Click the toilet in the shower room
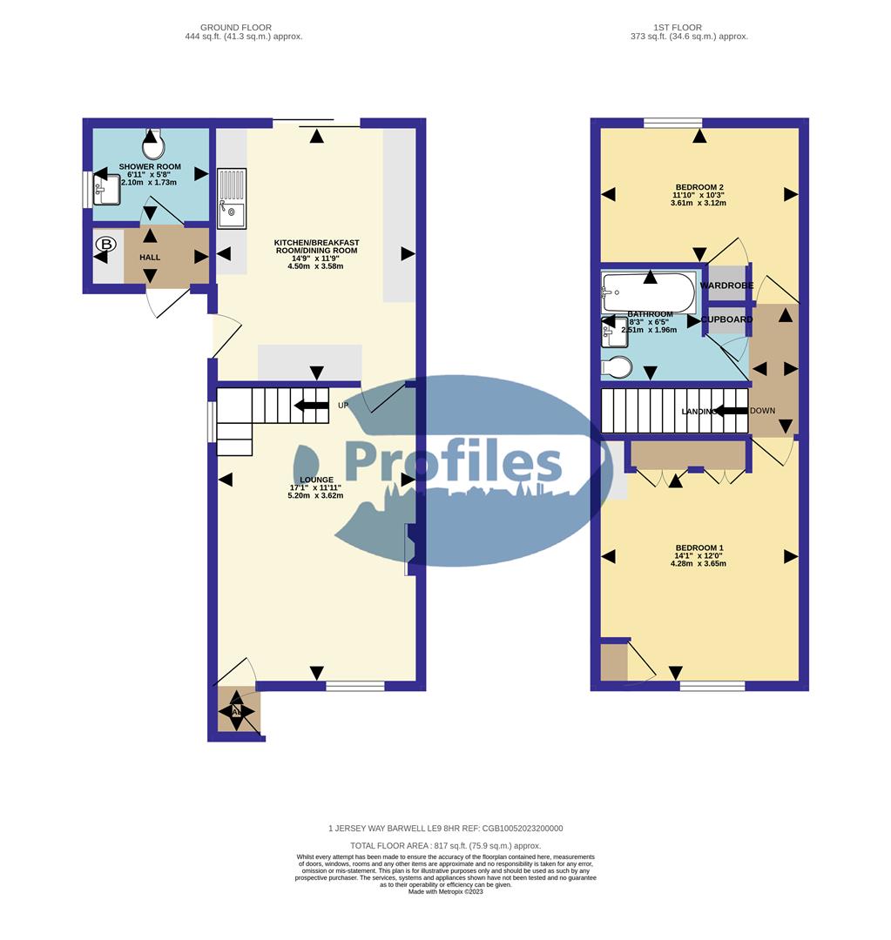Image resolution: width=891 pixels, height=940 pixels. tap(152, 138)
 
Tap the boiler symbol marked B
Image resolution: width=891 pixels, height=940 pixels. tap(105, 245)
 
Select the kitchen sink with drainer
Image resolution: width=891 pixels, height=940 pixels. tap(233, 198)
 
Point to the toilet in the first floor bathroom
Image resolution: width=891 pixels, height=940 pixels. tap(617, 368)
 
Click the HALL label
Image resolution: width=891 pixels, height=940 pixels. tap(150, 258)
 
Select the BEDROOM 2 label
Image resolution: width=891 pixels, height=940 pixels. tap(699, 187)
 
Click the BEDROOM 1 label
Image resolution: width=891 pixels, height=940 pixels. tap(699, 548)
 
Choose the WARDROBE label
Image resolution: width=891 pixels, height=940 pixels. tap(726, 285)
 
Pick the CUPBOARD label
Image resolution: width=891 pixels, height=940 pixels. tap(726, 319)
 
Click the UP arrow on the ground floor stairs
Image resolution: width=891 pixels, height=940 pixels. tap(311, 406)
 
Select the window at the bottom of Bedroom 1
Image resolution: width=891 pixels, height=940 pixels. tap(712, 686)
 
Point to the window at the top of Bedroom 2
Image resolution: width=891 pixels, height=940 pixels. tap(672, 123)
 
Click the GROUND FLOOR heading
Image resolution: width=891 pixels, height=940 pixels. tap(235, 28)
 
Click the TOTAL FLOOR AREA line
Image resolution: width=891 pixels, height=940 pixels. tap(445, 846)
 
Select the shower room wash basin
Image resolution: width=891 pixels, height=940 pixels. tap(108, 189)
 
